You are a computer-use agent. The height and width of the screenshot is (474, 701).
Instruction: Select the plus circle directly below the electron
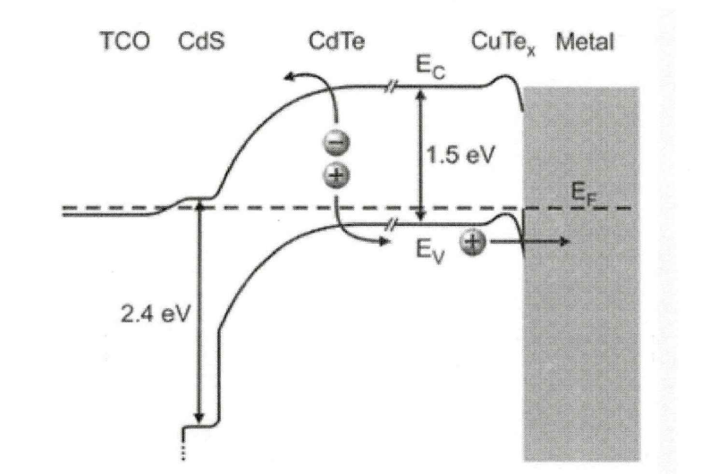click(x=341, y=175)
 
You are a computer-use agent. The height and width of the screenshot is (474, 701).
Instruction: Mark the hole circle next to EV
click(x=473, y=241)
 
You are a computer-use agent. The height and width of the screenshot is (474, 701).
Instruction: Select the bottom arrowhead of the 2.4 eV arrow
click(x=199, y=419)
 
